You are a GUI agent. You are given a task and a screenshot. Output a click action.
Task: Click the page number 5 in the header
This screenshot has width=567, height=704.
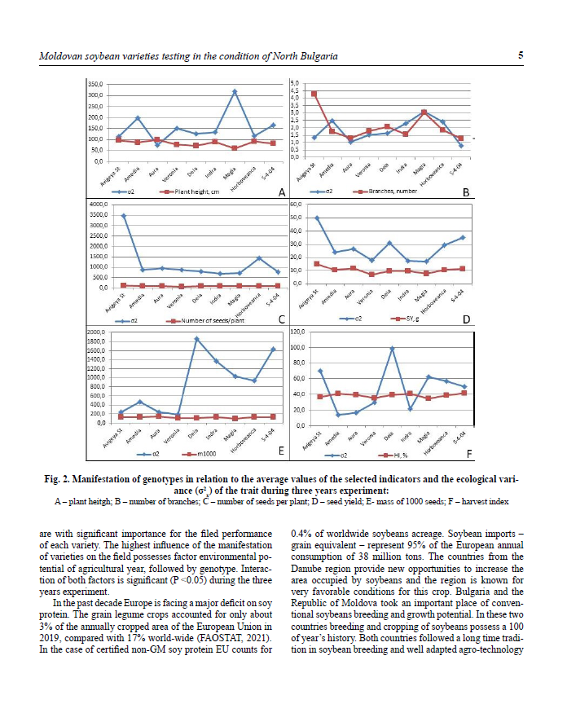click(520, 56)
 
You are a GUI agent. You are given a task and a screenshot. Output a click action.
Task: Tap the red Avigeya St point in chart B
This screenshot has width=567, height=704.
click(314, 94)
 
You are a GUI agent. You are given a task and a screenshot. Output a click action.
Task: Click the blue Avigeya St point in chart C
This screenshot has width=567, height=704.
click(123, 216)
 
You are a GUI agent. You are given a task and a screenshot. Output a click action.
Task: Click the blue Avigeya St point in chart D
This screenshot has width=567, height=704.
click(316, 218)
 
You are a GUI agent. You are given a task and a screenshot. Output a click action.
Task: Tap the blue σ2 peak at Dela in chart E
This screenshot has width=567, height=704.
click(196, 338)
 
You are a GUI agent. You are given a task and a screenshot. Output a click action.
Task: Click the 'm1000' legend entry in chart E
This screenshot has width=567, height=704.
click(198, 452)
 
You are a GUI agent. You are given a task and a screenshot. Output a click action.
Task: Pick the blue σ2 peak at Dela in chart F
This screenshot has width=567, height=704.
click(392, 348)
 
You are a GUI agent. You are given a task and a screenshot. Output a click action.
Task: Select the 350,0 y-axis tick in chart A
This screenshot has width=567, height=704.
click(96, 85)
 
